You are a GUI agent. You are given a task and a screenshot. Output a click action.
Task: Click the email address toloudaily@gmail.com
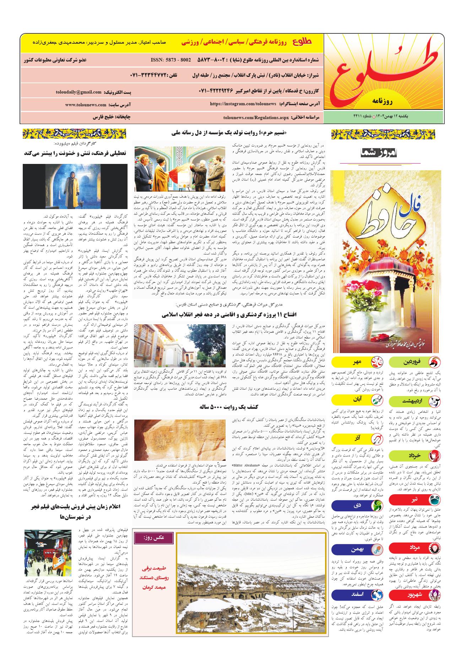click(x=79, y=92)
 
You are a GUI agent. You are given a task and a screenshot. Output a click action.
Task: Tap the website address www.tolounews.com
click(x=86, y=105)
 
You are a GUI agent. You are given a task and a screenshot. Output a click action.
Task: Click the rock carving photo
click(x=179, y=439)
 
